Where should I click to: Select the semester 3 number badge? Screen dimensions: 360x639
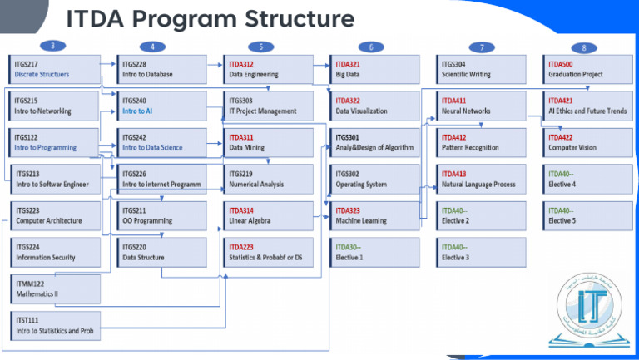(x=54, y=46)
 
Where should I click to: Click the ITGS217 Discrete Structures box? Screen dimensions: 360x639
(x=53, y=69)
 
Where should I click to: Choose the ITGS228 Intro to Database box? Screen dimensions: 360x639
(x=161, y=69)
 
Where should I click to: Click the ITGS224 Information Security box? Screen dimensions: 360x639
(x=53, y=252)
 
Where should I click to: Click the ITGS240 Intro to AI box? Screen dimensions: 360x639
(x=161, y=106)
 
